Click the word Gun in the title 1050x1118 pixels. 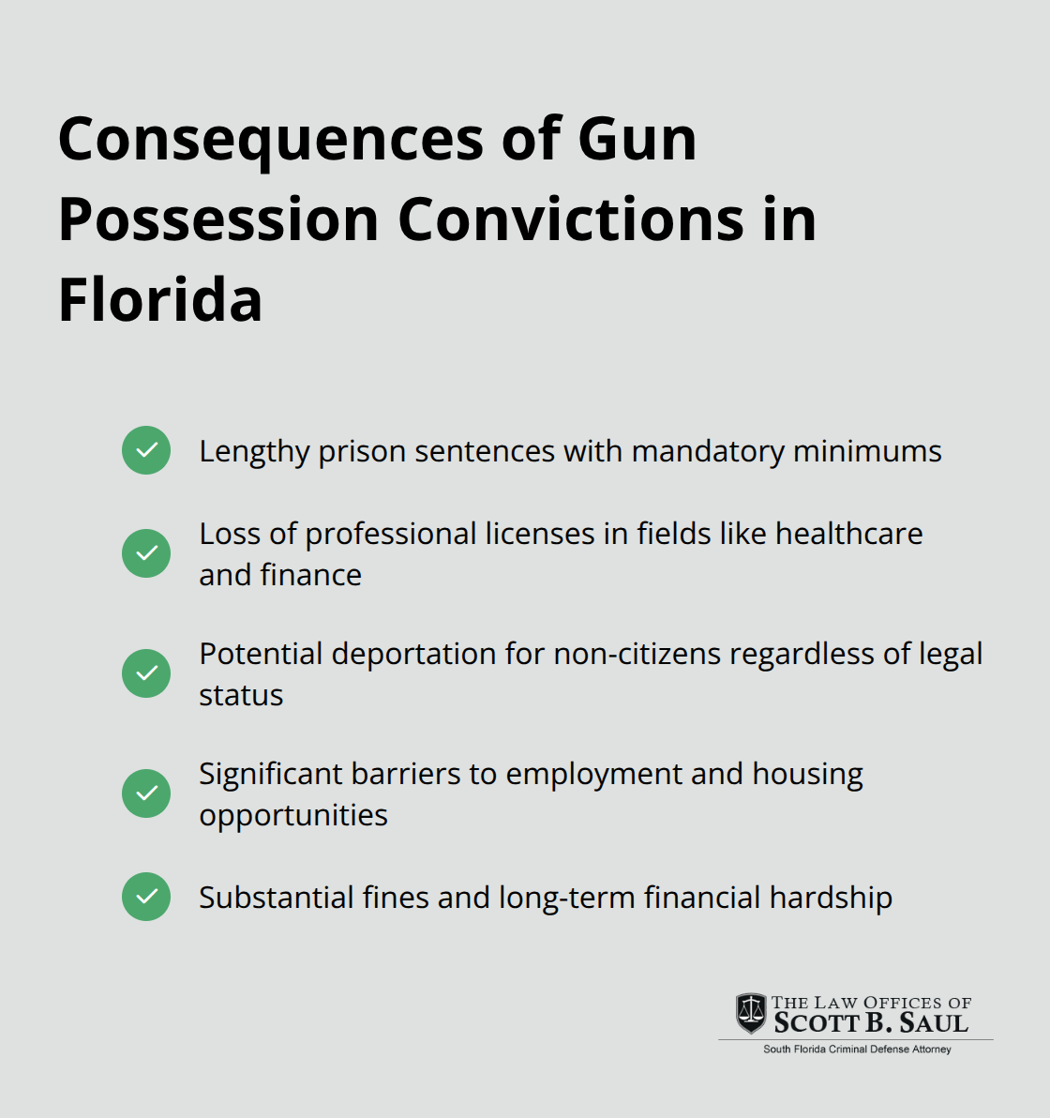pyautogui.click(x=637, y=139)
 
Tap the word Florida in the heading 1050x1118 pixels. pyautogui.click(x=160, y=300)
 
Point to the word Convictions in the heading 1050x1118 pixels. pyautogui.click(x=571, y=219)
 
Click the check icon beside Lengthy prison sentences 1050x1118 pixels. pyautogui.click(x=146, y=450)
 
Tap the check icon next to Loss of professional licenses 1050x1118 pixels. pyautogui.click(x=146, y=553)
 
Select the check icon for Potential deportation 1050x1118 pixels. pyautogui.click(x=146, y=673)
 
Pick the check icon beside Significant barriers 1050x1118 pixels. pyautogui.click(x=146, y=793)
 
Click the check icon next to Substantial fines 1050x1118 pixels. pyautogui.click(x=146, y=897)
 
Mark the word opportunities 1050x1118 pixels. pyautogui.click(x=293, y=816)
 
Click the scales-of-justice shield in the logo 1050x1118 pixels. pyautogui.click(x=750, y=1013)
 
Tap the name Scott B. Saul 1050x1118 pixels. pyautogui.click(x=871, y=1023)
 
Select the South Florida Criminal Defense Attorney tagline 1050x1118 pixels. pyautogui.click(x=857, y=1050)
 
